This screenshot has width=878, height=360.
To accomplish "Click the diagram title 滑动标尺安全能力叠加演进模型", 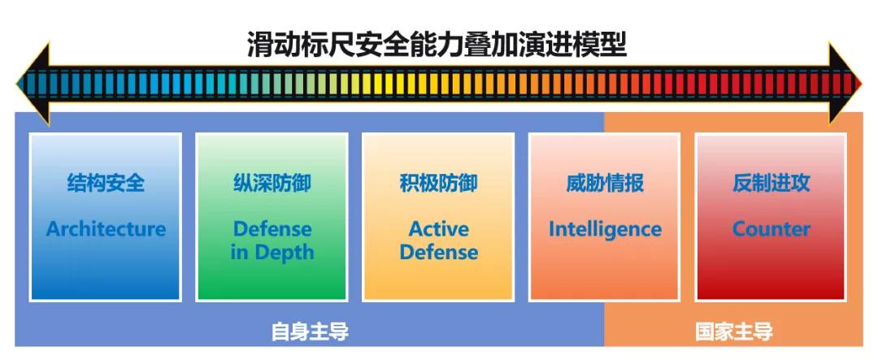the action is point(437,45).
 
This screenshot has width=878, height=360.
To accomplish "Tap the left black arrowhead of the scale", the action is point(33,84).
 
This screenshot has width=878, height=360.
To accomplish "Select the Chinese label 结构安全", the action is point(106,183).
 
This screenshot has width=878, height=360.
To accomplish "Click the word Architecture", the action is point(106,228).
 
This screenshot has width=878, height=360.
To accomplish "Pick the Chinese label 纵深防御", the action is point(272,183).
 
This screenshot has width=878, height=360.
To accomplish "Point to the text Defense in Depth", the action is point(272,241).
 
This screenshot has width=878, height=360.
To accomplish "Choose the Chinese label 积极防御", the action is point(438,183).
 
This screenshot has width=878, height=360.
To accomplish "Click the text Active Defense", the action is point(439,241).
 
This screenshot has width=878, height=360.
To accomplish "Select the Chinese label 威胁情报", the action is point(605,183).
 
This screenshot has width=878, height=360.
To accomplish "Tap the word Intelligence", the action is point(605,229).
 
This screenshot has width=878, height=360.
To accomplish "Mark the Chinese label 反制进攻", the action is point(771,183).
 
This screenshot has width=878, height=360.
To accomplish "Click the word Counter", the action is point(771,229).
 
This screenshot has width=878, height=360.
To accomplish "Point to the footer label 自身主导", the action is point(310,332).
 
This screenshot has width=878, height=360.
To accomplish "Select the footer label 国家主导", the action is point(734,332).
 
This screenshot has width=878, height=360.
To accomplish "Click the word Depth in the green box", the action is point(284,253).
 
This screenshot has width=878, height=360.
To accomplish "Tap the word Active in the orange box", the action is point(439,228).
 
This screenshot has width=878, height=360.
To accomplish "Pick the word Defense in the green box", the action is point(272,228).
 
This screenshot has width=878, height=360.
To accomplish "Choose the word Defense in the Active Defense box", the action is point(439,252).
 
